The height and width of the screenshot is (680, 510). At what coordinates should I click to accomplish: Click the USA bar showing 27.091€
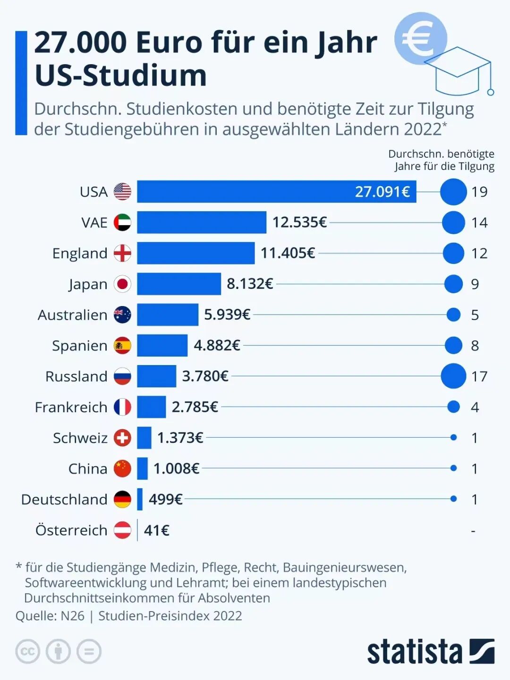(x=276, y=192)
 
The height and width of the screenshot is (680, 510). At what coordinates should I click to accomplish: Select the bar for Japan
(x=179, y=284)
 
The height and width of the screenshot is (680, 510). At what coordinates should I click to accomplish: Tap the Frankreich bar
(x=151, y=407)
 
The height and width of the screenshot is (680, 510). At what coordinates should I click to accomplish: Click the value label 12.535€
(x=299, y=222)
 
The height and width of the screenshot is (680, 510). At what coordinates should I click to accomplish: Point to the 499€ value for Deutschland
(x=165, y=499)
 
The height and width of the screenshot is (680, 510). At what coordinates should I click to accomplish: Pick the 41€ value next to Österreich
(x=156, y=530)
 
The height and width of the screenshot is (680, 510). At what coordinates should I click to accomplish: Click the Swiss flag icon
(x=122, y=438)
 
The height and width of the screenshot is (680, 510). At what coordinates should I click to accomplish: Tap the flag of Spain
(x=122, y=346)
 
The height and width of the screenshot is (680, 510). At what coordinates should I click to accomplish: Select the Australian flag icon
(x=122, y=315)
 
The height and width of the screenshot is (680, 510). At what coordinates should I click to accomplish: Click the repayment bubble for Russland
(x=453, y=376)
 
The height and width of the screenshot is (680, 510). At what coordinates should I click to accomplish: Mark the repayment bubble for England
(x=453, y=254)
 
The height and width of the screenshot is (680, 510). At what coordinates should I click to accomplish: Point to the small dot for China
(x=453, y=468)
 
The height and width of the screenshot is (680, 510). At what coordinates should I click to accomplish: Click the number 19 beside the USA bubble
(x=479, y=192)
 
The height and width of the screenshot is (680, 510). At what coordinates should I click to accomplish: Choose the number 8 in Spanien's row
(x=475, y=346)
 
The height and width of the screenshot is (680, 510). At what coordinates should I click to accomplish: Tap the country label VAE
(x=94, y=222)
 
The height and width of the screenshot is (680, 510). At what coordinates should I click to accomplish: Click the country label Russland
(x=76, y=376)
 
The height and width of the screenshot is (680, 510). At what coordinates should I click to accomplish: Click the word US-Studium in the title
(x=121, y=76)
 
